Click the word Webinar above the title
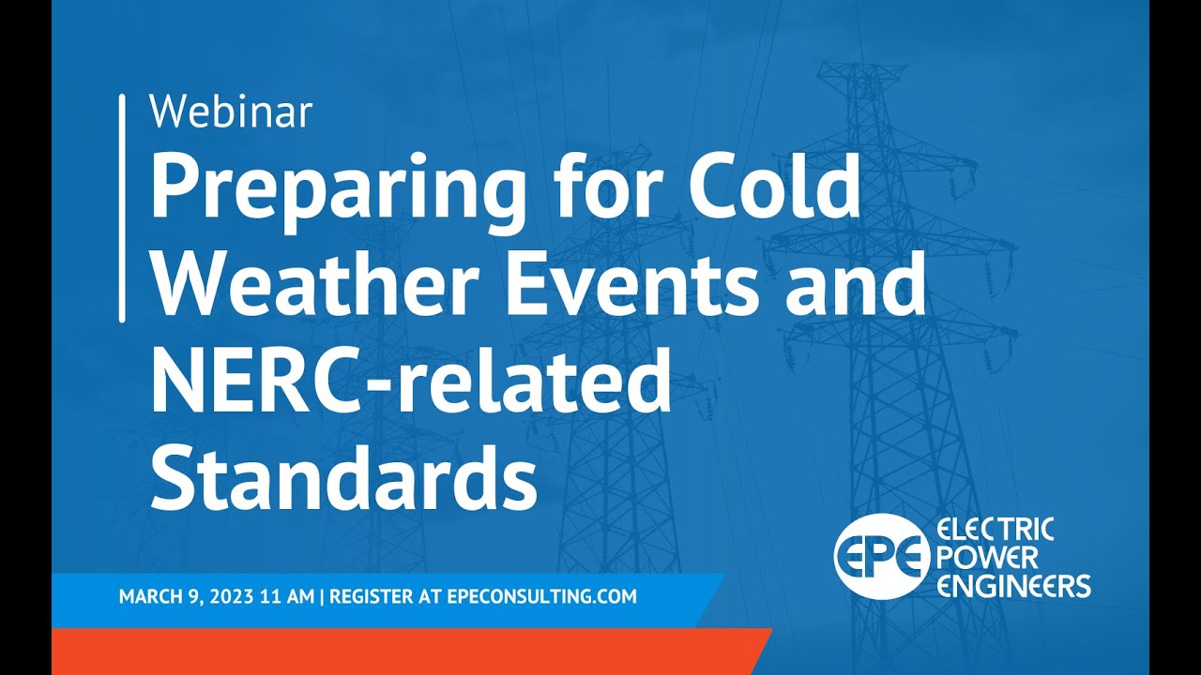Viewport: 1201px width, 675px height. (x=231, y=112)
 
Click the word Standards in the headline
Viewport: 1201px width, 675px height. (x=343, y=477)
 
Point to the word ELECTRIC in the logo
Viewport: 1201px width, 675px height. (x=996, y=531)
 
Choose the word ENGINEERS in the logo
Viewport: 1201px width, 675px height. (x=1013, y=587)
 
